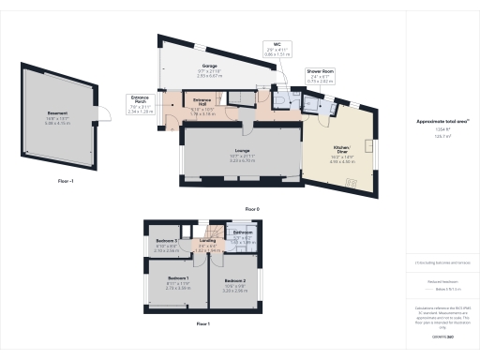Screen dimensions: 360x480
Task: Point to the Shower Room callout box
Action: point(320,77)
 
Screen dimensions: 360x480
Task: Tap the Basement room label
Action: point(58,119)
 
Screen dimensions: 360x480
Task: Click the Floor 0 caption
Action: point(251,207)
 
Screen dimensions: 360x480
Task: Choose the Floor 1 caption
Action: point(202,322)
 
